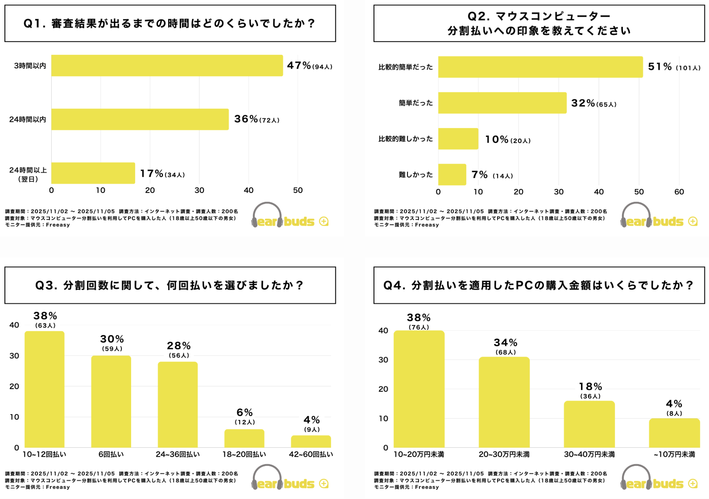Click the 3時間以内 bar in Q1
click(x=167, y=65)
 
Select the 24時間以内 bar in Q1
click(x=140, y=119)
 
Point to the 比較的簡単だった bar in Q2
click(x=540, y=67)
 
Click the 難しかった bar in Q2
click(x=452, y=175)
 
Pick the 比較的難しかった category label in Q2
click(x=405, y=139)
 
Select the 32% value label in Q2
click(x=583, y=103)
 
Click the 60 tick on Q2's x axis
click(x=679, y=192)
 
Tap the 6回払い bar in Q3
click(x=111, y=401)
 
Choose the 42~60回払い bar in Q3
click(x=311, y=442)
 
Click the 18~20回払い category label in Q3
click(x=244, y=454)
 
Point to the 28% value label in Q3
click(x=179, y=346)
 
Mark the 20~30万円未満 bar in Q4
click(x=504, y=402)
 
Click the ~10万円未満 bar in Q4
click(x=674, y=433)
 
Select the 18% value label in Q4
click(x=591, y=387)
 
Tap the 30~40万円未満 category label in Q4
click(x=589, y=454)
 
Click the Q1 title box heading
click(x=170, y=23)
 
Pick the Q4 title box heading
click(x=539, y=285)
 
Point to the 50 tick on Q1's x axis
click(x=298, y=190)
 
